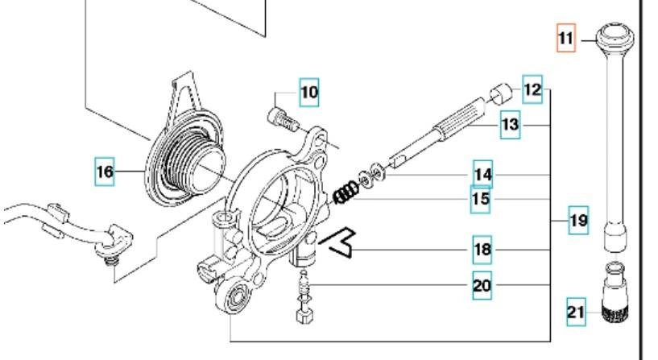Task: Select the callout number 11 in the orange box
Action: pos(566,38)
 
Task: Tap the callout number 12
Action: pos(532,89)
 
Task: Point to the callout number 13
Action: pos(510,125)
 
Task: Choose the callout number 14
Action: pos(482,173)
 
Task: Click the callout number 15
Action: pos(482,198)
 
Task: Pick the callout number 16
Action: pos(105,172)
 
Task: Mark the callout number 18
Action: pos(482,250)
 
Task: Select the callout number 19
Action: pos(578,219)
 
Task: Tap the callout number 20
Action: pos(482,285)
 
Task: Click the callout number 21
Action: pos(575,312)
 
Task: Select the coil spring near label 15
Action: pos(346,193)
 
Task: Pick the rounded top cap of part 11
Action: pos(618,35)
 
